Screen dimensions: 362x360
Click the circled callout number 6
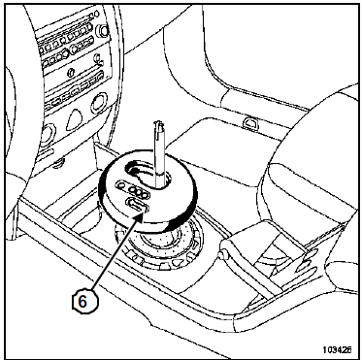tap(82, 301)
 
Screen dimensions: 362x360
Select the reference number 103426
tap(337, 349)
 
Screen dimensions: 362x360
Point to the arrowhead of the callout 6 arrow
tap(139, 216)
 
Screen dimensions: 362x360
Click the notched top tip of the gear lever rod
tap(158, 125)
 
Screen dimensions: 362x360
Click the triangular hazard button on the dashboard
tap(75, 119)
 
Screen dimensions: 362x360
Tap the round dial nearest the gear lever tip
tap(99, 103)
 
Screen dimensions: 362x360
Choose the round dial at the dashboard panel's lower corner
tap(48, 134)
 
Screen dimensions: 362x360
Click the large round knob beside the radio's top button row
tap(104, 30)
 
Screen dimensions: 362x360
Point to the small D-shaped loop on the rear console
tap(250, 124)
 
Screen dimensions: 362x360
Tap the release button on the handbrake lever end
tap(222, 255)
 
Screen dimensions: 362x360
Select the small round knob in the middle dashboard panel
tap(71, 73)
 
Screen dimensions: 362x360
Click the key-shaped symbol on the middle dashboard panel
tap(98, 58)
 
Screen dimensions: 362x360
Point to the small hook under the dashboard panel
tap(58, 164)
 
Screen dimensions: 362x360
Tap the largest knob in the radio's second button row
tap(65, 53)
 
